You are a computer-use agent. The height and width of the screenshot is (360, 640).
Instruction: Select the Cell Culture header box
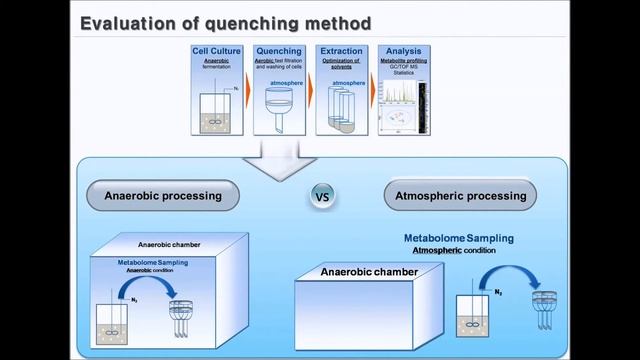216,51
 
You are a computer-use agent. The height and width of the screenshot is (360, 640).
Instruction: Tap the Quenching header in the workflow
279,51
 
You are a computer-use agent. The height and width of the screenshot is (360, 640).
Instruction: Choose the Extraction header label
340,51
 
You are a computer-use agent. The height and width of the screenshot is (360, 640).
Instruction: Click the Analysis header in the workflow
402,51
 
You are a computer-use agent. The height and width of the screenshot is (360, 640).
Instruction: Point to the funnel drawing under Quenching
278,110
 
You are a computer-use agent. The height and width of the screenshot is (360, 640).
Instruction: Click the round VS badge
323,197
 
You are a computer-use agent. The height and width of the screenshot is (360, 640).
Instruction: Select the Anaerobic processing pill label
163,196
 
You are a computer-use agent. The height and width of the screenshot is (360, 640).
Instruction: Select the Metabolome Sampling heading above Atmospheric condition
459,239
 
